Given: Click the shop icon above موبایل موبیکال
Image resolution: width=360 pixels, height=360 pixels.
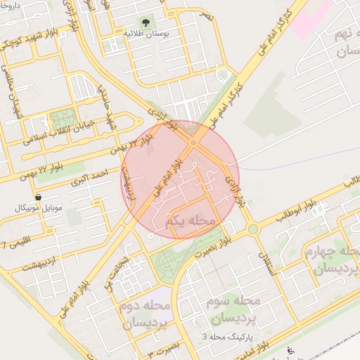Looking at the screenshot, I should click(37, 198).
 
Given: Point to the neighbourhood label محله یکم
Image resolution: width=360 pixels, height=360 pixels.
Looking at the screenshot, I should click(191, 221).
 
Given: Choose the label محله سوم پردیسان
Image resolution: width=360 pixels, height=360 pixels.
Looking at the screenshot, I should click(235, 309).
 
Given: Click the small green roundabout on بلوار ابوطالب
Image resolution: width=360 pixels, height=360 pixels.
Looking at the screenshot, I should click(252, 229).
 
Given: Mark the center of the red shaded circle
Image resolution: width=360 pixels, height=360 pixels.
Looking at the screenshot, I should click(180, 180).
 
